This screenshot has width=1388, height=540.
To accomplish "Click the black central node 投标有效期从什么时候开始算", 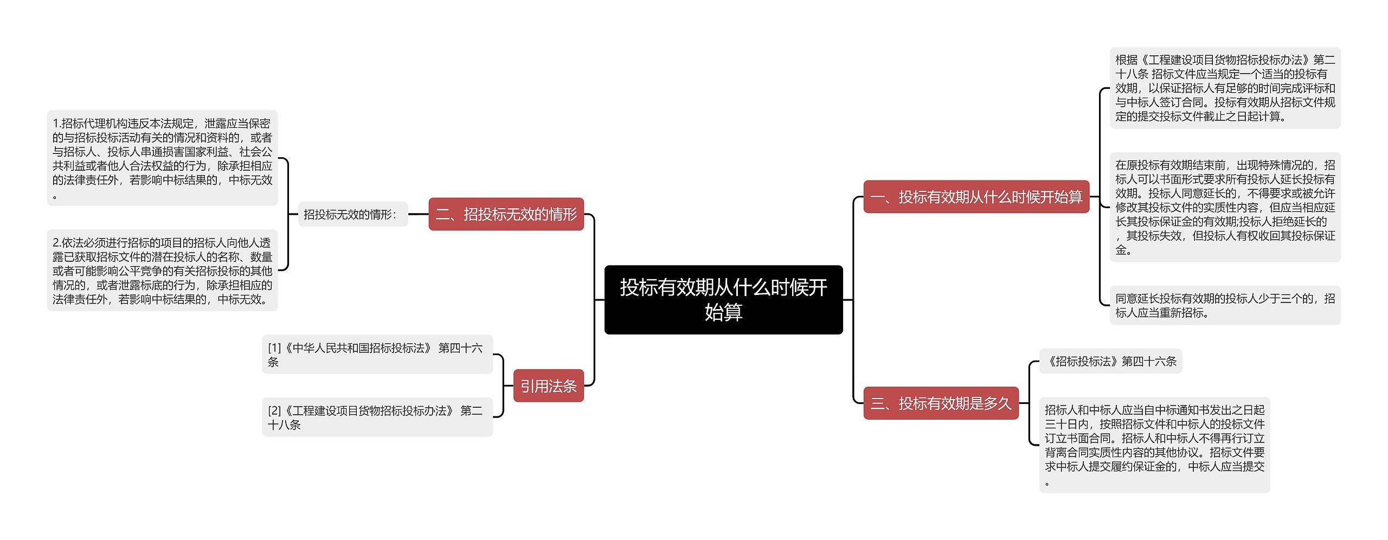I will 723,299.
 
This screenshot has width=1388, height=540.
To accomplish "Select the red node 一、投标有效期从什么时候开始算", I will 976,197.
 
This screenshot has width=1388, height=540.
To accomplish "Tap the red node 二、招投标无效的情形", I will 506,214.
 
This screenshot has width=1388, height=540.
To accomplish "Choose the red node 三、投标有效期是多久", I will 941,403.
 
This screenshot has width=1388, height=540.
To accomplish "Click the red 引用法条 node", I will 548,385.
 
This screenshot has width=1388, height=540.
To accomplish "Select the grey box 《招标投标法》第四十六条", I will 1110,361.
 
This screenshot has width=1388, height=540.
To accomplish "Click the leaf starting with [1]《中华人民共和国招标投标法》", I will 377,355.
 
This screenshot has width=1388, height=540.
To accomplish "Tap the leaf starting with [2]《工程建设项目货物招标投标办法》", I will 377,417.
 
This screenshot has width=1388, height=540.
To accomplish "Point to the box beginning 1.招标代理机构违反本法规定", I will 162,158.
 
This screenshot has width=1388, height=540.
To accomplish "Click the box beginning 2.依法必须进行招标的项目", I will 162,270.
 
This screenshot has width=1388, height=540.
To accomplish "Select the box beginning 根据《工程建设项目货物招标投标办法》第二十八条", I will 1225,88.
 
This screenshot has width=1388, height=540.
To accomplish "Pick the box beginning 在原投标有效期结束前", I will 1225,207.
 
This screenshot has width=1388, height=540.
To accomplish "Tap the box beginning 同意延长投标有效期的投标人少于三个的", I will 1225,305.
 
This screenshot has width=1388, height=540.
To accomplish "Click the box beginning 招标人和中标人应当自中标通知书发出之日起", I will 1154,445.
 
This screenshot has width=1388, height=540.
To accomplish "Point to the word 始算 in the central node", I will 723,312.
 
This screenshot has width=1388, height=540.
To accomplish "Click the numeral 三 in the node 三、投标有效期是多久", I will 878,403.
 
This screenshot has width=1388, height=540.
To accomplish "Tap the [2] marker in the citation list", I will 275,410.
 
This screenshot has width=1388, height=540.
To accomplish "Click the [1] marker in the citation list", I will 275,348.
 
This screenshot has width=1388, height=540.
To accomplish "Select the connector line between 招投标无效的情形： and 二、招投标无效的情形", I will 418,214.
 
